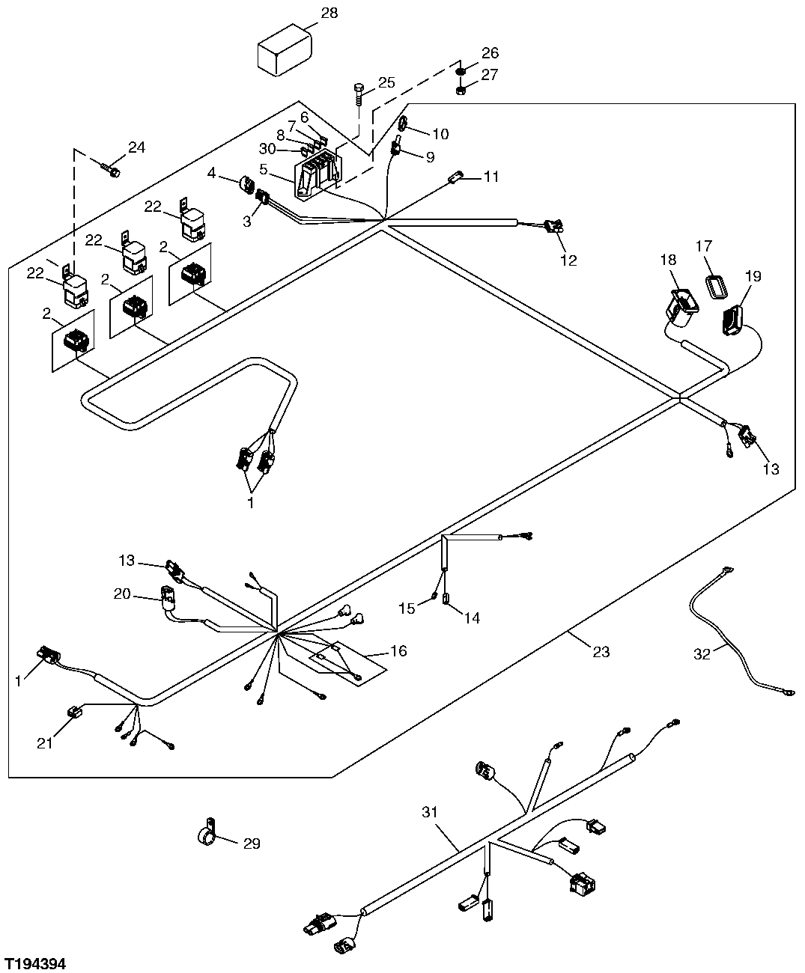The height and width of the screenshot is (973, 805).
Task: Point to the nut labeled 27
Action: [462, 91]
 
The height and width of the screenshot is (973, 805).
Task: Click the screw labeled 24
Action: [114, 173]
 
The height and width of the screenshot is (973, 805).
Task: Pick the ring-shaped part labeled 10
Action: [403, 123]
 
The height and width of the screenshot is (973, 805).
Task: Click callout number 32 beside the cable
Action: [701, 653]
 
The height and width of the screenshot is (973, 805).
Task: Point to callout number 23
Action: [601, 652]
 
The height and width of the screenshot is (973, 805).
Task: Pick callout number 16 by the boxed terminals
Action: [398, 650]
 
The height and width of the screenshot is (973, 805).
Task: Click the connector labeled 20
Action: [168, 597]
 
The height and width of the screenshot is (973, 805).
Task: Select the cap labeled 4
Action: [244, 183]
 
